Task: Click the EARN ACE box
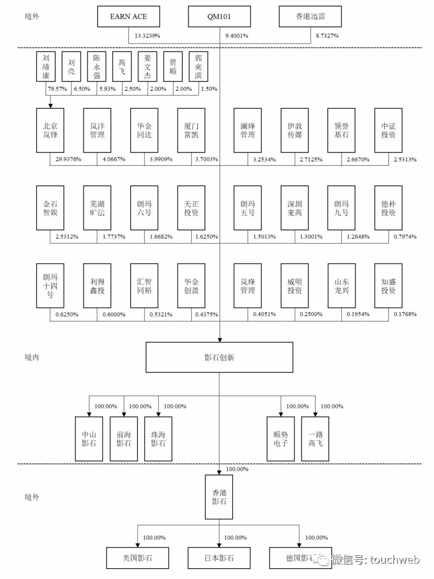coord(129,16)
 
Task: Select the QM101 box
coord(219,16)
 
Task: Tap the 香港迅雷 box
coord(310,16)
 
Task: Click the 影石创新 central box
coord(219,357)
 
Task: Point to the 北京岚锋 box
coord(50,130)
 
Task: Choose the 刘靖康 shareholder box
coord(46,67)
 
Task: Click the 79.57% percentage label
coord(57,89)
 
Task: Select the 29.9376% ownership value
coord(68,159)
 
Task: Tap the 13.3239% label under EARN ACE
coord(147,36)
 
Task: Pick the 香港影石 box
coord(219,497)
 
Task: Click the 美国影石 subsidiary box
coord(137,558)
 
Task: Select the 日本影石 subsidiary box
coord(219,558)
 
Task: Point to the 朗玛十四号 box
coord(50,286)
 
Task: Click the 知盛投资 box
coord(388,286)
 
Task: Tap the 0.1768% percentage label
coord(405,314)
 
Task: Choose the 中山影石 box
coord(89,439)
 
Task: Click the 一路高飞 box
coord(315,439)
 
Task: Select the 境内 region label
coord(32,357)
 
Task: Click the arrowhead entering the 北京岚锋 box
coord(51,106)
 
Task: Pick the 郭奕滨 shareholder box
coord(199,67)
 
